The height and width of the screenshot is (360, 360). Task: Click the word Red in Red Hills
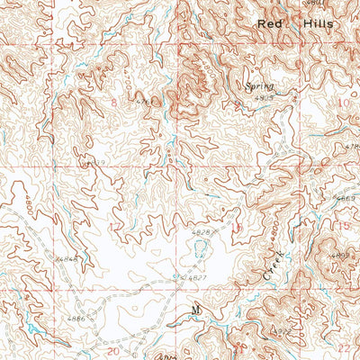269,24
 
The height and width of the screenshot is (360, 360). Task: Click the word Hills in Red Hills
319,24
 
